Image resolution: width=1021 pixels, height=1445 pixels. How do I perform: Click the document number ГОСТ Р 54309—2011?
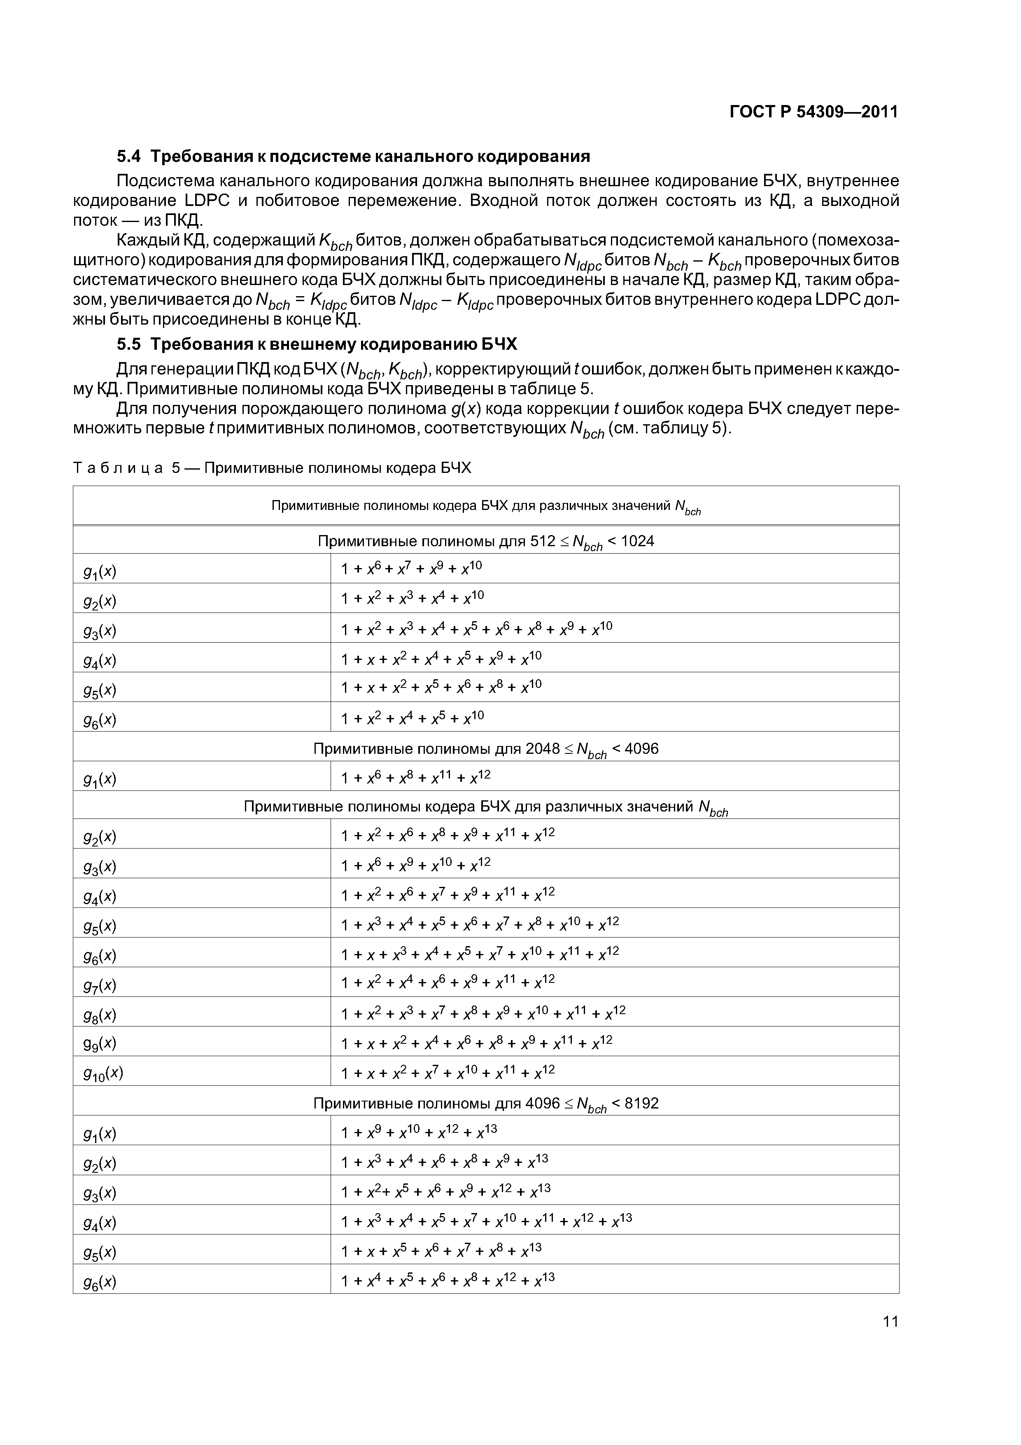814,112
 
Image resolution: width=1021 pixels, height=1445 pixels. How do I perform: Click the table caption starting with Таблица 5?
272,468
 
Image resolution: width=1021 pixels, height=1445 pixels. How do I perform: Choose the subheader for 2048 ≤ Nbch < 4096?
486,749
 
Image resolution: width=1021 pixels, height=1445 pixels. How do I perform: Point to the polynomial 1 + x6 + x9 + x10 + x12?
415,865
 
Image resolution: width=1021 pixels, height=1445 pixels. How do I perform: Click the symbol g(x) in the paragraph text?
466,409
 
